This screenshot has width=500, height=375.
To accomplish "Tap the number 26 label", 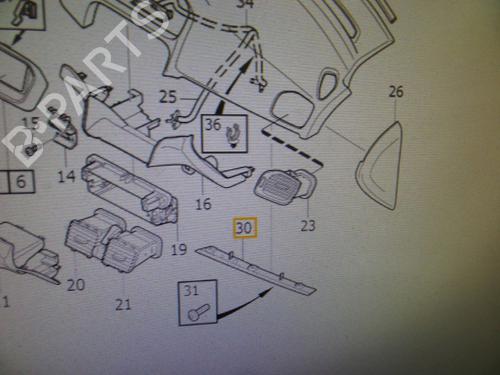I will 396,92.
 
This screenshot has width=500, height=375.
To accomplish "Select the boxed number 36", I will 212,125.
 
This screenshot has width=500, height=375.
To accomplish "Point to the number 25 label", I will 167,97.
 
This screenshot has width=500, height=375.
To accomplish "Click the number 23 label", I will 307,225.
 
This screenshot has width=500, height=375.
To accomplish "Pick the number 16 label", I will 204,204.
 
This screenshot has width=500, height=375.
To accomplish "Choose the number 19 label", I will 179,249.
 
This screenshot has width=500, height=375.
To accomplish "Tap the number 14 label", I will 66,176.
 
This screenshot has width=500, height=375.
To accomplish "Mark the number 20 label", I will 75,285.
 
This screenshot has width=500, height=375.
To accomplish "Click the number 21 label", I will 123,303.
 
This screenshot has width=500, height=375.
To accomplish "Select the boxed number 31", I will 190,291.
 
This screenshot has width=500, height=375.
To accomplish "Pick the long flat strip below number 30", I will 256,267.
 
